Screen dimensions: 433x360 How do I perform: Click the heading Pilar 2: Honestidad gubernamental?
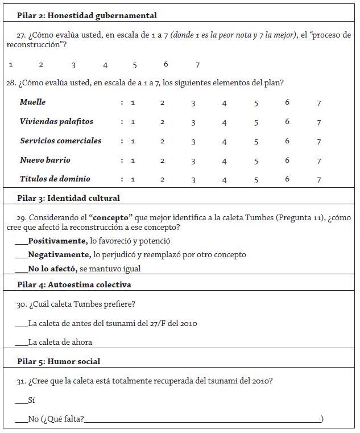(x=86, y=15)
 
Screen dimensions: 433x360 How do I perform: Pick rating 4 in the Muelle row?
(x=225, y=103)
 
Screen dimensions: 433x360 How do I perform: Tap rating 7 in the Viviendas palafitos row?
(x=319, y=122)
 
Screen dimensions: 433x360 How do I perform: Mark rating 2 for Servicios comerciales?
(x=162, y=142)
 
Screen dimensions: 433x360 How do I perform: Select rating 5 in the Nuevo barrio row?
(x=256, y=161)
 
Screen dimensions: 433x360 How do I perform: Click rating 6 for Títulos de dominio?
(x=287, y=179)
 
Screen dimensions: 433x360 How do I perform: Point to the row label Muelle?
(x=32, y=102)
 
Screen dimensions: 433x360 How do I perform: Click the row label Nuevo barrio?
(x=45, y=160)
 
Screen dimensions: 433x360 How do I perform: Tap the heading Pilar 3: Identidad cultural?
(x=68, y=199)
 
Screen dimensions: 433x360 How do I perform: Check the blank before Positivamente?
(x=22, y=241)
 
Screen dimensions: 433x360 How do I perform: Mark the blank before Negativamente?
(x=22, y=255)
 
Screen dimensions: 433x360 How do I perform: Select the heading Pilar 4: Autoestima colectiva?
(x=74, y=284)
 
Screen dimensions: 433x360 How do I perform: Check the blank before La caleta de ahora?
(x=21, y=343)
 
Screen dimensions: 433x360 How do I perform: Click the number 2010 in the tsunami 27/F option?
(x=188, y=324)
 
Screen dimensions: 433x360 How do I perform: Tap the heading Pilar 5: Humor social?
(x=59, y=361)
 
